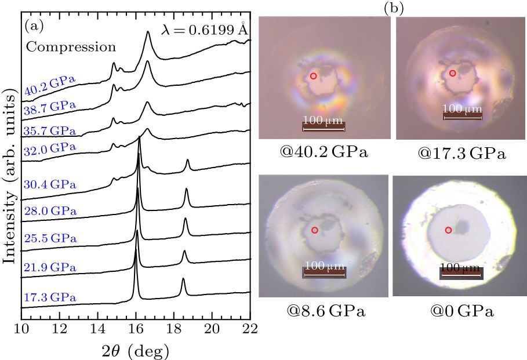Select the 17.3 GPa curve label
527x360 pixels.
50,298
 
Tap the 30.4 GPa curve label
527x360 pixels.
50,185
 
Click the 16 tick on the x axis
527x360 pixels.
136,329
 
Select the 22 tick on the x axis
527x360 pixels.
250,329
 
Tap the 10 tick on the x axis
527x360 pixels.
21,329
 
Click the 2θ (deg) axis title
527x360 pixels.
137,350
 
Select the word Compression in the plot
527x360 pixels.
71,46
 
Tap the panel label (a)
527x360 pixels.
35,26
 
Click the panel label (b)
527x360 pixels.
394,8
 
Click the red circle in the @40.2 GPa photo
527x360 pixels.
313,76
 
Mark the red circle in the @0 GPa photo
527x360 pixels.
448,230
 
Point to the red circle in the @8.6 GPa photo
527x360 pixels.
315,230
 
